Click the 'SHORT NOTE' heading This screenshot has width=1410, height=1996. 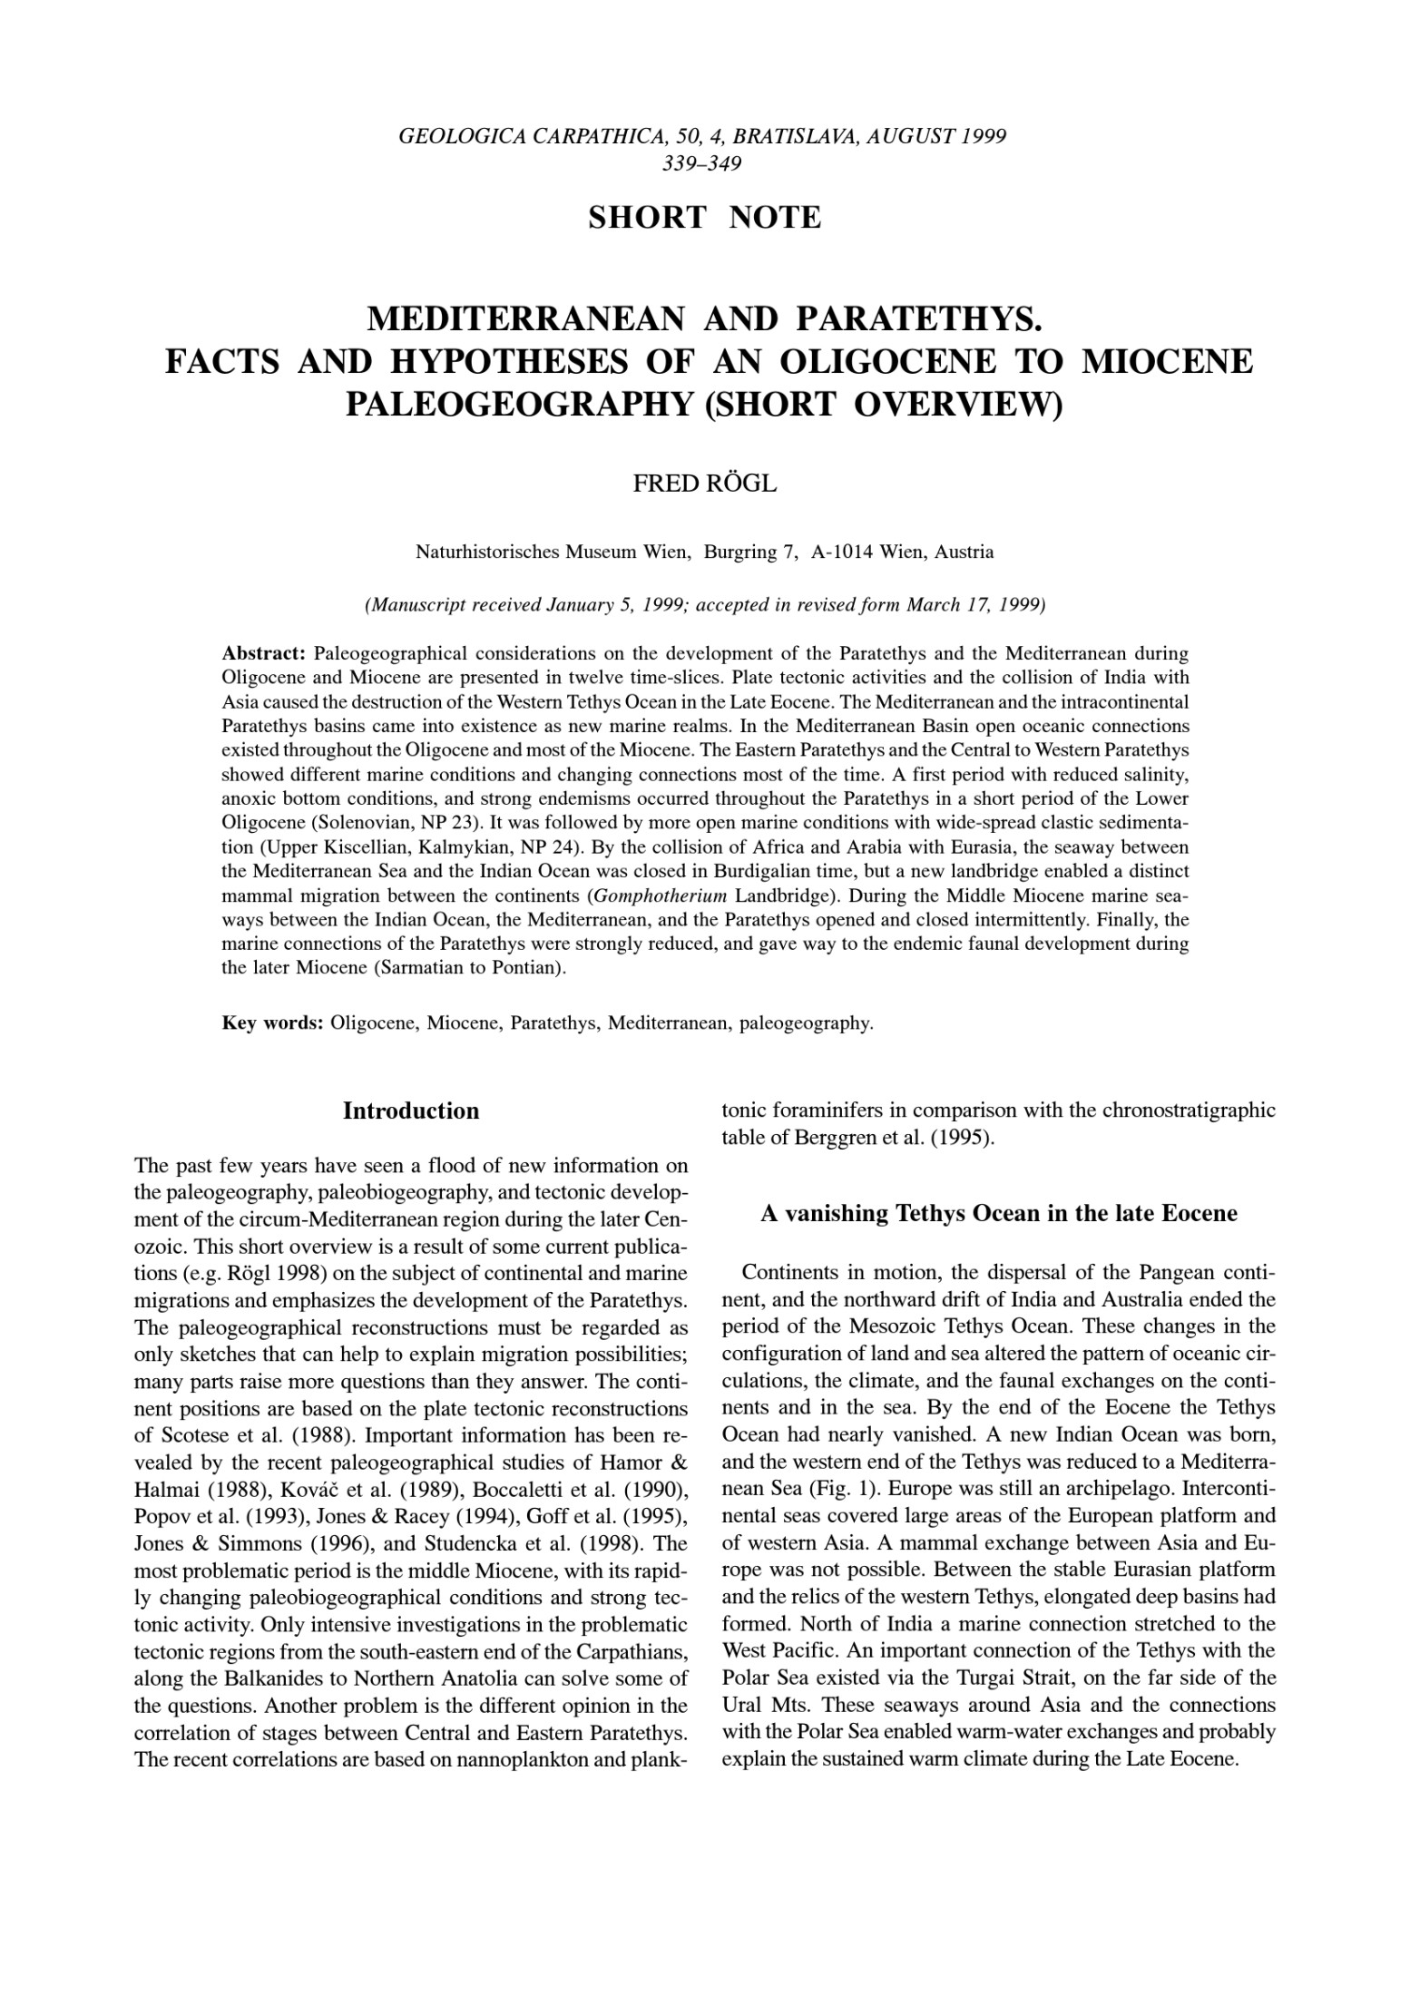click(x=704, y=218)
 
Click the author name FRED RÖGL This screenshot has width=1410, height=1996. click(x=704, y=484)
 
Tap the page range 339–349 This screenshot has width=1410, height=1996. click(x=704, y=164)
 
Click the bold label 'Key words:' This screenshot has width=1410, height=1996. click(x=272, y=1023)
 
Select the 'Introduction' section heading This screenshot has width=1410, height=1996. click(x=411, y=1111)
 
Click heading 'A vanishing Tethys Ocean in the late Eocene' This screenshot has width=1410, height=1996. click(x=998, y=1214)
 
